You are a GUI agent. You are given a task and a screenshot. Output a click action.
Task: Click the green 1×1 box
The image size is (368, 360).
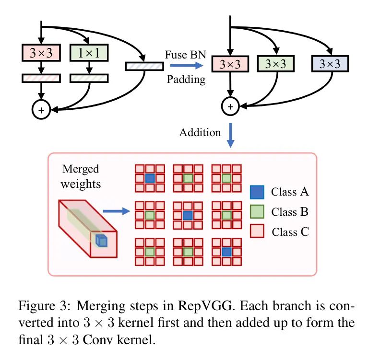(x=89, y=53)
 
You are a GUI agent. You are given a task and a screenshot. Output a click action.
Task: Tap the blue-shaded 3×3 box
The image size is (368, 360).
(x=330, y=64)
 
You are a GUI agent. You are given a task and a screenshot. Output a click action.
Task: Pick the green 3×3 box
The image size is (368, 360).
(x=276, y=64)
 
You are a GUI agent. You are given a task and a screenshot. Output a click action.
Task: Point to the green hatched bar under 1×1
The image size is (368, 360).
(x=89, y=77)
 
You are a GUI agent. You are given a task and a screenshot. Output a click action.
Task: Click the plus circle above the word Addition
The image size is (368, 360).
(x=230, y=106)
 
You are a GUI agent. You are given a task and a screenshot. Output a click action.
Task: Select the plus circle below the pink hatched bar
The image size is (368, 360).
(x=41, y=110)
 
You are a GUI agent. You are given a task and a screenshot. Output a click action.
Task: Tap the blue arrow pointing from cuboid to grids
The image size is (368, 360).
(x=116, y=210)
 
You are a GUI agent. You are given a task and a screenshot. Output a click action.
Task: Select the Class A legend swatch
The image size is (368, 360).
(x=257, y=193)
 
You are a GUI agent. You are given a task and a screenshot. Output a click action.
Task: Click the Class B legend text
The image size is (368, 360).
(x=289, y=212)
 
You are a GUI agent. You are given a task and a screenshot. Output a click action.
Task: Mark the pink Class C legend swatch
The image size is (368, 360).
(x=257, y=232)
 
